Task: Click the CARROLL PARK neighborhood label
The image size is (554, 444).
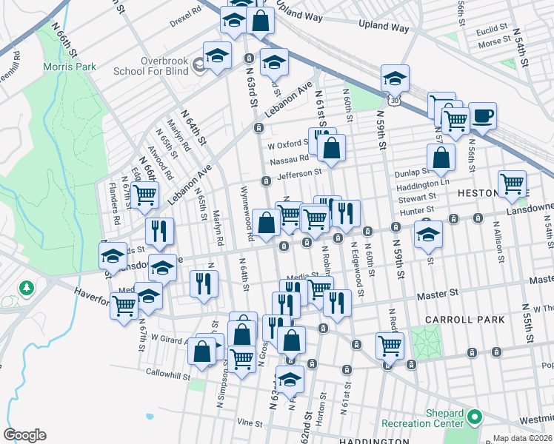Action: click(x=465, y=320)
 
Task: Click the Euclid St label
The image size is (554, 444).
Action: click(x=492, y=29)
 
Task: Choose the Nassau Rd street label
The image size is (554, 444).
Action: click(x=288, y=158)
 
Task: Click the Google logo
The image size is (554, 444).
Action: click(x=25, y=435)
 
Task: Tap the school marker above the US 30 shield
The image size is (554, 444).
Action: click(x=396, y=79)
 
